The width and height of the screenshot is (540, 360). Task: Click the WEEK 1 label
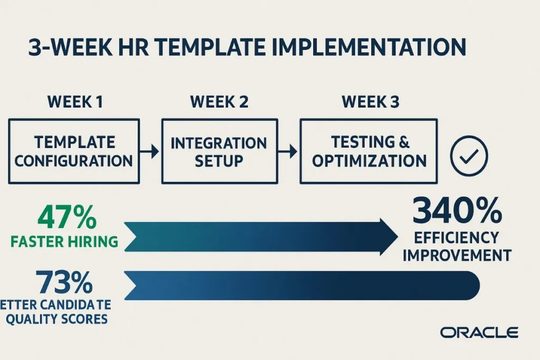[x=74, y=102]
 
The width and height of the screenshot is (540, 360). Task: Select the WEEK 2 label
[x=219, y=102]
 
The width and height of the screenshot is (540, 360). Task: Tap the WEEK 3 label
[x=370, y=102]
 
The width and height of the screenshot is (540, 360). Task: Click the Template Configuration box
[x=74, y=151]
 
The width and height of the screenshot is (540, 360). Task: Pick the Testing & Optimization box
[x=369, y=151]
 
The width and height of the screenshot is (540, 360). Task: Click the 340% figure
[x=457, y=212]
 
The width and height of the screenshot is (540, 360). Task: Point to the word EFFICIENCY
[x=456, y=238]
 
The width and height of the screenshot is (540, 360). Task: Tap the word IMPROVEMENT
[x=457, y=255]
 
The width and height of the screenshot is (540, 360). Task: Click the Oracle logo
[x=479, y=332]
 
